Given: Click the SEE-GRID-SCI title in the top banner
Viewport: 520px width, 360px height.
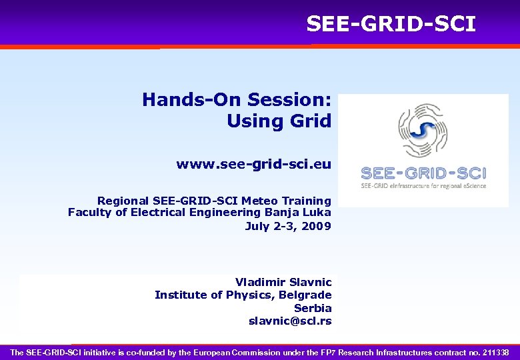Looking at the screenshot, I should tap(391, 24).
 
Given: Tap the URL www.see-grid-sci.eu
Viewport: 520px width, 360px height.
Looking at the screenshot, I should tap(253, 164).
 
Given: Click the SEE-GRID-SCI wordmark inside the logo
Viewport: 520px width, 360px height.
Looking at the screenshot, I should tap(423, 173).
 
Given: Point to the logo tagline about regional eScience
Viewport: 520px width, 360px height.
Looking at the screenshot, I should tap(423, 186).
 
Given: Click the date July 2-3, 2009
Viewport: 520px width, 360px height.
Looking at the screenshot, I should tap(288, 226).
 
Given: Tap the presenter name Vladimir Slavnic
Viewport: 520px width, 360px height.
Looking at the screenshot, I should tap(283, 282).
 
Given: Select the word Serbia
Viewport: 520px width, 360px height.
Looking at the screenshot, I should tap(313, 308).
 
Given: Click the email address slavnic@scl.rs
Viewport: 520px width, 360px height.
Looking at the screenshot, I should tap(290, 321).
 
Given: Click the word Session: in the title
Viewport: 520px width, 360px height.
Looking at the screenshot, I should tap(289, 100).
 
